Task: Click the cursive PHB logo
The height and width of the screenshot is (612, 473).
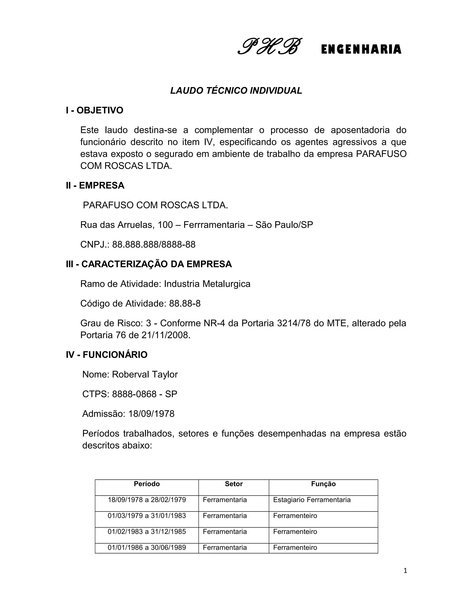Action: [270, 46]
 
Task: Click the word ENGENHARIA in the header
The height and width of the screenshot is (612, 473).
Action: [361, 49]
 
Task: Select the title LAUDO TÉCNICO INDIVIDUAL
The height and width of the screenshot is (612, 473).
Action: [236, 91]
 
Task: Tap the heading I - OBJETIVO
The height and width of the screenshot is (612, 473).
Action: [94, 110]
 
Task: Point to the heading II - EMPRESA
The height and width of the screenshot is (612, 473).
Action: [95, 185]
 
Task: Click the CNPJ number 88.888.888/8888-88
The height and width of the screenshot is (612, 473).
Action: [154, 245]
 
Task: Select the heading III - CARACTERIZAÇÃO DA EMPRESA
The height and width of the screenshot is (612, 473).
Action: [149, 264]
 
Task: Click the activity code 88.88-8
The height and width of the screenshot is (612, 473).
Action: [185, 303]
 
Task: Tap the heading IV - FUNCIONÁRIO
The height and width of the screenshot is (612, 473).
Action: [106, 355]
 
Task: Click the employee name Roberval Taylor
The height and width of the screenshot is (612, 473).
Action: [145, 374]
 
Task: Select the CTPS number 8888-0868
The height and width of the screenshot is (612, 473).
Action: [134, 394]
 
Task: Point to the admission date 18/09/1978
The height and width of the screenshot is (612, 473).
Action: [151, 414]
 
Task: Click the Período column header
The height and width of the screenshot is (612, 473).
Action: [147, 484]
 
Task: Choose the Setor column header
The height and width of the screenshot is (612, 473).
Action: [233, 484]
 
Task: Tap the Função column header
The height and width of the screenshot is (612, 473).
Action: [323, 484]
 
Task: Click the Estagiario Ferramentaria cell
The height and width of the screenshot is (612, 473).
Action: [312, 500]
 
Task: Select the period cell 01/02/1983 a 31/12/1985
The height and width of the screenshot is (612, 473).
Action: [147, 532]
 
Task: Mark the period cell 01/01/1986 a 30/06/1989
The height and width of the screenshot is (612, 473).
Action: [147, 548]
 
